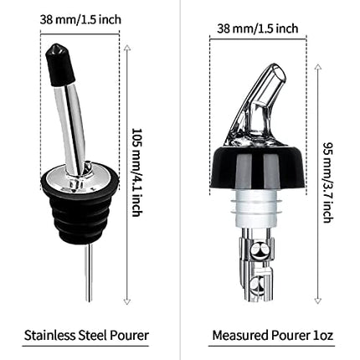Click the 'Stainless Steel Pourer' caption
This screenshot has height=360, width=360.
[87, 336]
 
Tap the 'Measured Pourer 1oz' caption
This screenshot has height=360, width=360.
[272, 336]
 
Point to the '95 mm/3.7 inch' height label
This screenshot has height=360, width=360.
[327, 180]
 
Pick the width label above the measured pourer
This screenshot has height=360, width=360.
[257, 28]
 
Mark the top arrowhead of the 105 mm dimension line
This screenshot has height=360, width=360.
[127, 49]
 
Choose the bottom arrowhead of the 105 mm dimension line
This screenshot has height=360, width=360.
[127, 301]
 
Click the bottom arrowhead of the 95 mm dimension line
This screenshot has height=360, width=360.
[318, 299]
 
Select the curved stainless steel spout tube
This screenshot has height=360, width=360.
[69, 117]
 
